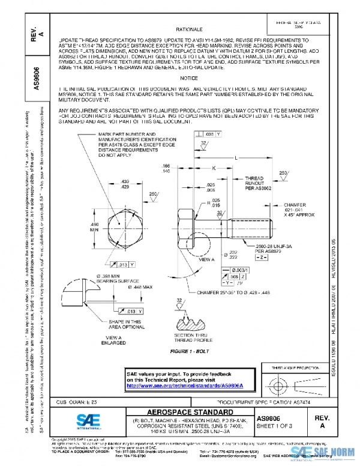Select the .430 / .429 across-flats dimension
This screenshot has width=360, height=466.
pos(125,184)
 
